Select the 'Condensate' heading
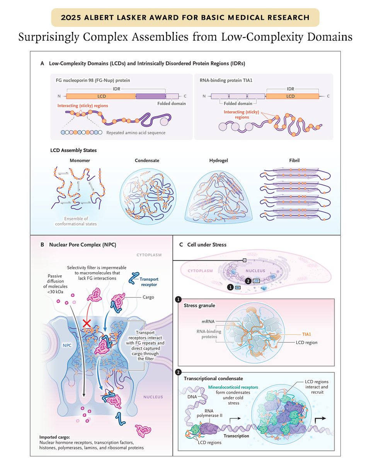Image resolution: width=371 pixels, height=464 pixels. (x=147, y=160)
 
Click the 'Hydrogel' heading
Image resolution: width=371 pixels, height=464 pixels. (x=219, y=160)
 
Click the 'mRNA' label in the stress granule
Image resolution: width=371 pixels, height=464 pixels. (x=207, y=321)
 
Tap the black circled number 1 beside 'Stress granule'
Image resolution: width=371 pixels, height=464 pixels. (x=178, y=299)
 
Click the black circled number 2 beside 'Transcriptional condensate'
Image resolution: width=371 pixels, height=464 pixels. (x=178, y=372)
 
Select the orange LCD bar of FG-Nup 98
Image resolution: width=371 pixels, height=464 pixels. (x=101, y=96)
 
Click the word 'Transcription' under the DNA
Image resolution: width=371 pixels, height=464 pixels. (x=237, y=436)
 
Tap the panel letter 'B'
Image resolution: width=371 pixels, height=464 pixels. (x=42, y=245)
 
